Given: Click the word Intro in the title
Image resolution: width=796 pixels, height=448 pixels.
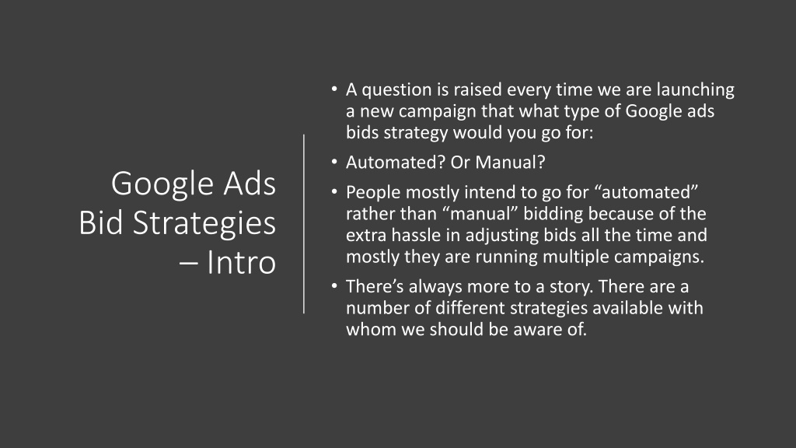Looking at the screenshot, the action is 241,262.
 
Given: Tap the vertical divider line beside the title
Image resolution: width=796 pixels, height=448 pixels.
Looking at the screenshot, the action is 304,224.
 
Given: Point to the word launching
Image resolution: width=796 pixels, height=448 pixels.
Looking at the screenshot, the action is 696,90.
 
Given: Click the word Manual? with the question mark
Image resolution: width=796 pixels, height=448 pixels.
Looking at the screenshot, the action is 510,162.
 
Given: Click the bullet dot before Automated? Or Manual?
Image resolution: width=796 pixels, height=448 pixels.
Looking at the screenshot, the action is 334,162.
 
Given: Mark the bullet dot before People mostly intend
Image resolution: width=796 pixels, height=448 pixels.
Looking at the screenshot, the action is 334,192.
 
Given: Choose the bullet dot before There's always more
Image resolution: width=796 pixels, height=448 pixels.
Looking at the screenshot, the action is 334,286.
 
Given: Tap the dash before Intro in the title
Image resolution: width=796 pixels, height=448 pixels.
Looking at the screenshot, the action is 188,264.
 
